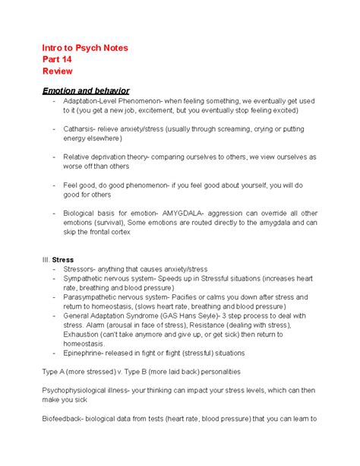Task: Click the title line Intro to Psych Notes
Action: (x=85, y=48)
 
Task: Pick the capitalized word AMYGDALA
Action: (x=189, y=213)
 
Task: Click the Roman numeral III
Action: (x=46, y=259)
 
